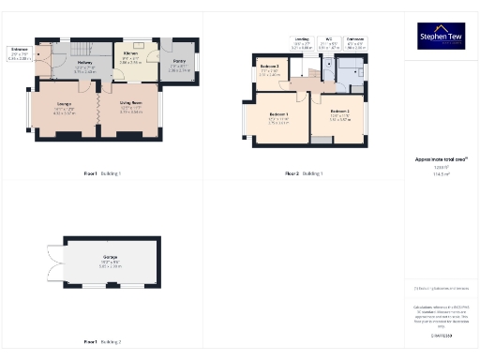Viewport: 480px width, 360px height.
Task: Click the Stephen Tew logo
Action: point(440,36)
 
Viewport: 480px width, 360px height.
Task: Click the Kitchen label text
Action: point(130,56)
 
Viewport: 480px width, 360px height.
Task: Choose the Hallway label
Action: point(84,67)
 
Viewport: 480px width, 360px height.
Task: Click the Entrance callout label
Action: point(18,52)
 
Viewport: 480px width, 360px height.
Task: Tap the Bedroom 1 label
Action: point(278,120)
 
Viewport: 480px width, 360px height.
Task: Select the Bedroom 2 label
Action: point(339,117)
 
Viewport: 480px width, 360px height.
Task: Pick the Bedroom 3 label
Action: point(269,72)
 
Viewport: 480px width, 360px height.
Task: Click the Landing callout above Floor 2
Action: point(301,42)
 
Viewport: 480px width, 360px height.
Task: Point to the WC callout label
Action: point(329,42)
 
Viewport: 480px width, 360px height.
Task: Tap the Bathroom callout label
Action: point(354,42)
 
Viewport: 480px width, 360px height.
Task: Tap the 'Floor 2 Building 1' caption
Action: point(305,173)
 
